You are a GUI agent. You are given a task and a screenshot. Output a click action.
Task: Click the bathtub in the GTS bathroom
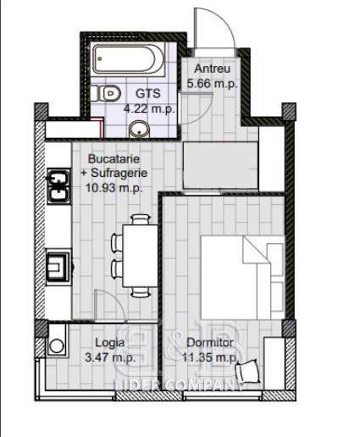point(128,59)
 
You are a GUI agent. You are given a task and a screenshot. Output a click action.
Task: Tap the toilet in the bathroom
point(106,93)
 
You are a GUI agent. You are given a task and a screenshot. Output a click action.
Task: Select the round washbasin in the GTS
point(139,130)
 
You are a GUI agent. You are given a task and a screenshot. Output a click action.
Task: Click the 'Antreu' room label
point(213,69)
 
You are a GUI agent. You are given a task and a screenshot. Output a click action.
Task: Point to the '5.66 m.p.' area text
point(212,84)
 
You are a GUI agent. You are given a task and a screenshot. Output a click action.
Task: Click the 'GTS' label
point(148,93)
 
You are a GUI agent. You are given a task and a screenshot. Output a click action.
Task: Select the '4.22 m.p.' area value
point(149,108)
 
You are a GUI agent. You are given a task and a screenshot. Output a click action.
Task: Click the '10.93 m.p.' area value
point(114,187)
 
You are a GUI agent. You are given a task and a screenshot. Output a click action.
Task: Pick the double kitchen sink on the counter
point(58,185)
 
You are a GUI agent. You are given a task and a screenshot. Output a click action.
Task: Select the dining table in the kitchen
point(141,256)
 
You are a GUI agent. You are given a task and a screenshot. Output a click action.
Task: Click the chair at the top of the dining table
point(141,219)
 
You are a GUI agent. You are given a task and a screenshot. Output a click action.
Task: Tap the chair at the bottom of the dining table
point(141,292)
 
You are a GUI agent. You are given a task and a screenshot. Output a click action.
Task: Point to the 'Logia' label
point(110,343)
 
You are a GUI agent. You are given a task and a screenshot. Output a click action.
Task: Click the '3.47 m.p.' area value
point(110,357)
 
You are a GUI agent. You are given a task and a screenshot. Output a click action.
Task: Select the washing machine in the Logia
point(57,340)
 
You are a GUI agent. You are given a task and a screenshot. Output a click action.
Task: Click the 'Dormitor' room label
point(210,343)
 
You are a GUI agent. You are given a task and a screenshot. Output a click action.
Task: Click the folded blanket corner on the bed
point(256,251)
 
